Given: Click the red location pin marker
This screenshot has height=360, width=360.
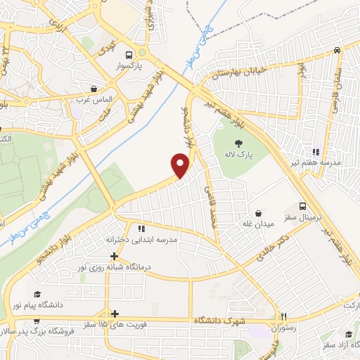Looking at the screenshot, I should [x=181, y=165].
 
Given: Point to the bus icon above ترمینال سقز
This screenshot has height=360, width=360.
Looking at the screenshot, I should [x=302, y=207].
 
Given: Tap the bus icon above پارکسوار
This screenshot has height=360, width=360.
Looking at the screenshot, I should [x=129, y=54].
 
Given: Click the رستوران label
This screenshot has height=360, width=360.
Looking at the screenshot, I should [x=285, y=328].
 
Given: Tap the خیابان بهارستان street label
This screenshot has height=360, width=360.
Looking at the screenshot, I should [x=236, y=72].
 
